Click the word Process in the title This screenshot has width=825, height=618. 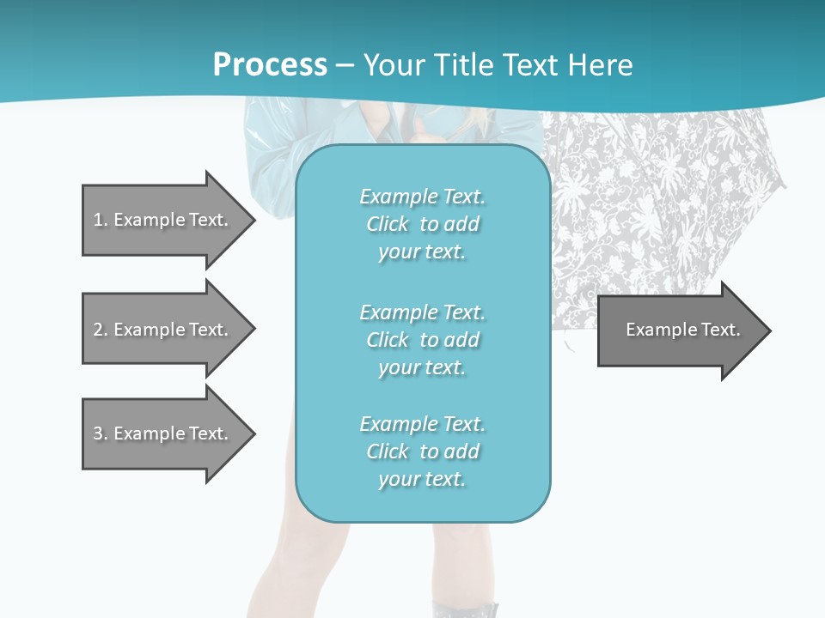[270, 65]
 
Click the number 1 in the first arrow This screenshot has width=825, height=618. [98, 220]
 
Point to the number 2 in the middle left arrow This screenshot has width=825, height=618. [98, 330]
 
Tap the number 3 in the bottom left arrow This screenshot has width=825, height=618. [98, 433]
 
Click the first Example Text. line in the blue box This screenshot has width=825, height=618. [422, 197]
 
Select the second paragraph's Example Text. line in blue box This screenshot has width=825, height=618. [422, 312]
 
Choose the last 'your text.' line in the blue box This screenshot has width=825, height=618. [422, 479]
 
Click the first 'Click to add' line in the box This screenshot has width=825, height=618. [422, 224]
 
